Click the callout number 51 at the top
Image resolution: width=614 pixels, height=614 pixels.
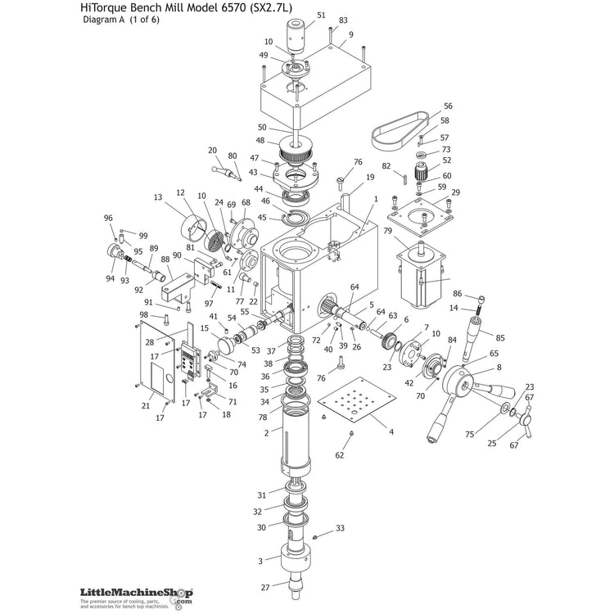pyautogui.click(x=321, y=15)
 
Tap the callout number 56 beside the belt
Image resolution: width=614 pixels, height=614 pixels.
pyautogui.click(x=448, y=106)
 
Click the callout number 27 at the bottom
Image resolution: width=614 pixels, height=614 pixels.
pyautogui.click(x=264, y=587)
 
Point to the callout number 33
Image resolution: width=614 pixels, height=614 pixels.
pyautogui.click(x=341, y=529)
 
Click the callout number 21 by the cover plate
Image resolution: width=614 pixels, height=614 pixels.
pyautogui.click(x=146, y=405)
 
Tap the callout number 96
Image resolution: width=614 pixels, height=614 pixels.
pyautogui.click(x=107, y=218)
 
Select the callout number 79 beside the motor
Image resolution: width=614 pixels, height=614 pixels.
pyautogui.click(x=387, y=232)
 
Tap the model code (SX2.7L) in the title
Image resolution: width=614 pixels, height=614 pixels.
pyautogui.click(x=263, y=8)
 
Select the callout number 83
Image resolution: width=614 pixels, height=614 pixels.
pyautogui.click(x=343, y=20)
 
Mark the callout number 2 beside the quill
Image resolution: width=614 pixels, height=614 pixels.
pyautogui.click(x=267, y=431)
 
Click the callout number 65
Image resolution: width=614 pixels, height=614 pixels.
pyautogui.click(x=494, y=354)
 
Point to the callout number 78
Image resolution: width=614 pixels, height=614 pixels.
pyautogui.click(x=263, y=417)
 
